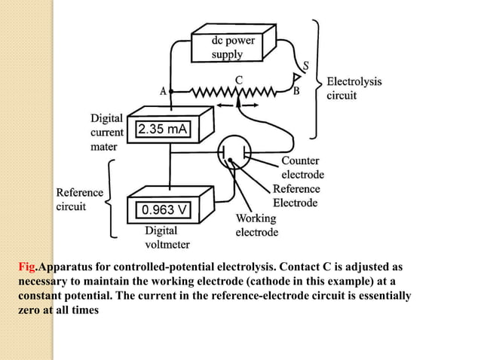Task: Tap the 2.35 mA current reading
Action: pos(161,130)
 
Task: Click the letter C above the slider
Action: pos(238,80)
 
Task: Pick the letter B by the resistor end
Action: pos(296,93)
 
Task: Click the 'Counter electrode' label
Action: pos(301,168)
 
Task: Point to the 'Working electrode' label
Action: pos(257,225)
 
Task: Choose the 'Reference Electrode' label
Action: pos(296,196)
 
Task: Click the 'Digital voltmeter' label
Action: pos(167,237)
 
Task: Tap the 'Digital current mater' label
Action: pos(107,133)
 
